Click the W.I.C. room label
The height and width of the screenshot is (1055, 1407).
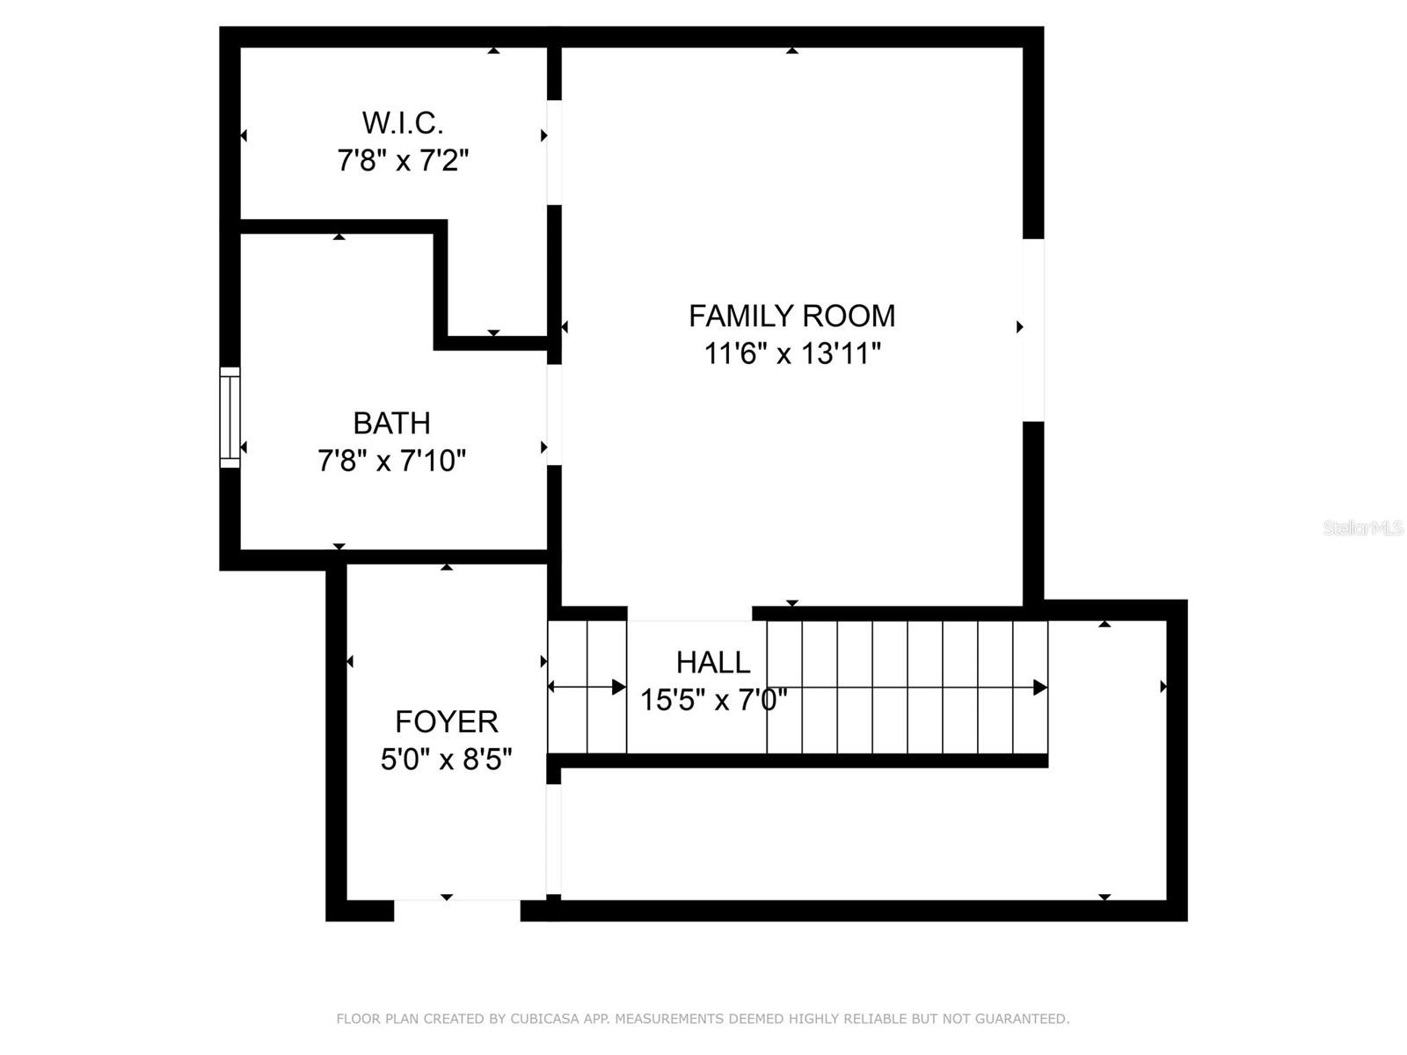[x=402, y=123]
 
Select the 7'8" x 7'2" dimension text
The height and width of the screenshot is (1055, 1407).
[x=403, y=160]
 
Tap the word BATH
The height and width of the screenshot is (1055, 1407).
[x=391, y=423]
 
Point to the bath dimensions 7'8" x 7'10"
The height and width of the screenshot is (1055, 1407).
[x=391, y=461]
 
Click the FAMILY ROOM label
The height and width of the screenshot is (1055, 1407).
[x=791, y=316]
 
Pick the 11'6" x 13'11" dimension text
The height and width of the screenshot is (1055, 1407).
[x=792, y=353]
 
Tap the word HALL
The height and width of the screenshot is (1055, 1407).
[x=713, y=662]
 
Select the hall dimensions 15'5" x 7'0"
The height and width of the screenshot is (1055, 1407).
[x=713, y=700]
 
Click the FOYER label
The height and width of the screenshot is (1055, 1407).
[x=446, y=722]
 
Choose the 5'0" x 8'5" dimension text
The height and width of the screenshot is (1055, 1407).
[x=446, y=760]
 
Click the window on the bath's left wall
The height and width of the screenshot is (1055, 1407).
[x=230, y=417]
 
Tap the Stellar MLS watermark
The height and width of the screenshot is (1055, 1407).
[x=1363, y=528]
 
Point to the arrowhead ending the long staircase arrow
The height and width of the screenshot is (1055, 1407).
[x=1039, y=688]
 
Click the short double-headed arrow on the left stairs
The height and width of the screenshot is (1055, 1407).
[x=587, y=688]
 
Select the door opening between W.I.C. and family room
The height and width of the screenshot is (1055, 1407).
[x=555, y=152]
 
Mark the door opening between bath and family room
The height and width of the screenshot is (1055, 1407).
[x=555, y=415]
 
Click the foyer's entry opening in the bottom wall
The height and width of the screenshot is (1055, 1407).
[x=457, y=910]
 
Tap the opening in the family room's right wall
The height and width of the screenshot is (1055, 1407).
[x=1033, y=330]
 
